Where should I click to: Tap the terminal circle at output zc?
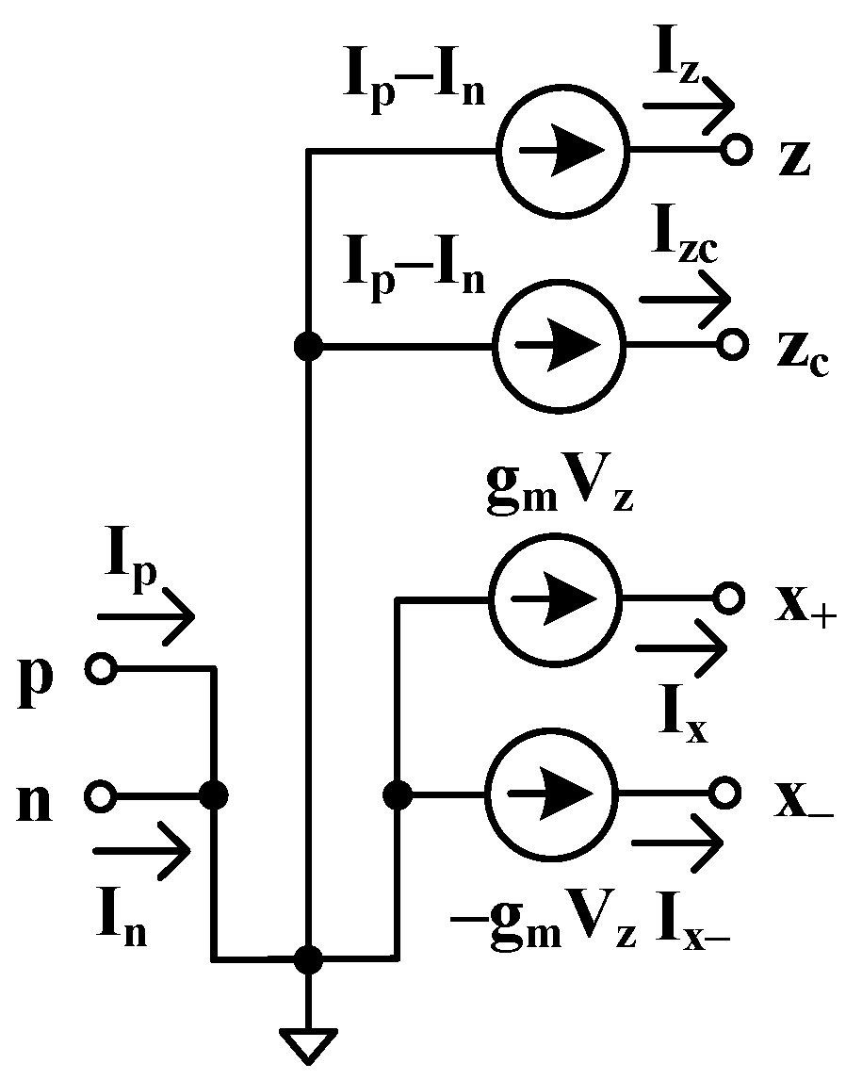click(x=733, y=346)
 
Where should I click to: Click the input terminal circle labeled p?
click(x=100, y=669)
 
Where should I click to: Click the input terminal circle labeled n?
click(x=100, y=796)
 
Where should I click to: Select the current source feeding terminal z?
click(x=561, y=151)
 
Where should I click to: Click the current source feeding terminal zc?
click(x=559, y=346)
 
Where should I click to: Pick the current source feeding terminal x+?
click(x=554, y=597)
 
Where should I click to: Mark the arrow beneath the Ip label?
click(x=146, y=618)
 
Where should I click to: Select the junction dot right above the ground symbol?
click(x=307, y=959)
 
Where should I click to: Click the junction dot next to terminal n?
click(x=215, y=796)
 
